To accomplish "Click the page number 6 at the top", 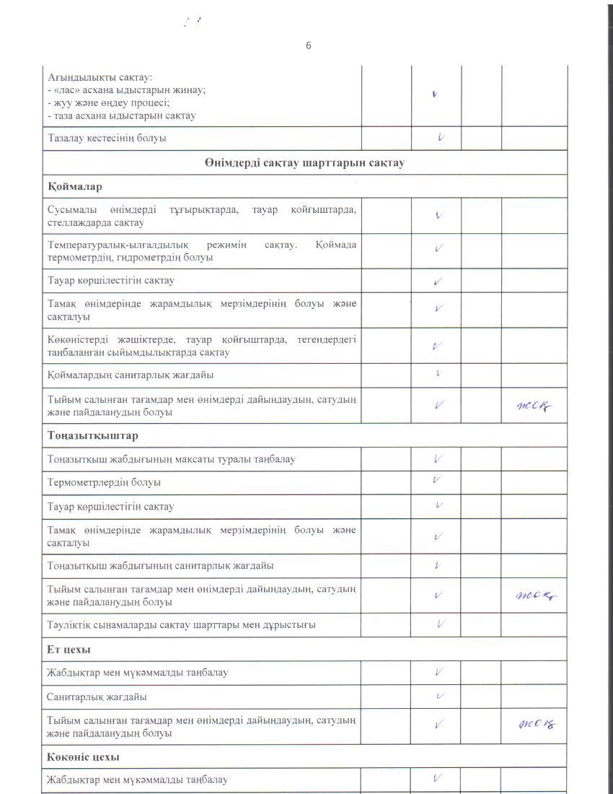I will (x=309, y=45).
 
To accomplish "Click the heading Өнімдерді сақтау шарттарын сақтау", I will (x=304, y=162).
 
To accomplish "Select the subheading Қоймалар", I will (x=74, y=186).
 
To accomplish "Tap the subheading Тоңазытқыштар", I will (x=93, y=436).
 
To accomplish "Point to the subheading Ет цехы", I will (x=69, y=649).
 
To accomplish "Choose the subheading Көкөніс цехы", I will (x=83, y=756).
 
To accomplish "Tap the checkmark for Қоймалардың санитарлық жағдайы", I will (x=438, y=374).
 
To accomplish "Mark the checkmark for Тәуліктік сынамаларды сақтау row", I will (x=440, y=624).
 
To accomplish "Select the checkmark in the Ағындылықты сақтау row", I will (x=434, y=94).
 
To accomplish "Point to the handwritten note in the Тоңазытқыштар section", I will (x=536, y=595).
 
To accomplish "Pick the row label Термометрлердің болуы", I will (x=104, y=482).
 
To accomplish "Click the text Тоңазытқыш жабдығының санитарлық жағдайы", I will (x=160, y=565).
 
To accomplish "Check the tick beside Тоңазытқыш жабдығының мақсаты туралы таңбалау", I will (x=438, y=458).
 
